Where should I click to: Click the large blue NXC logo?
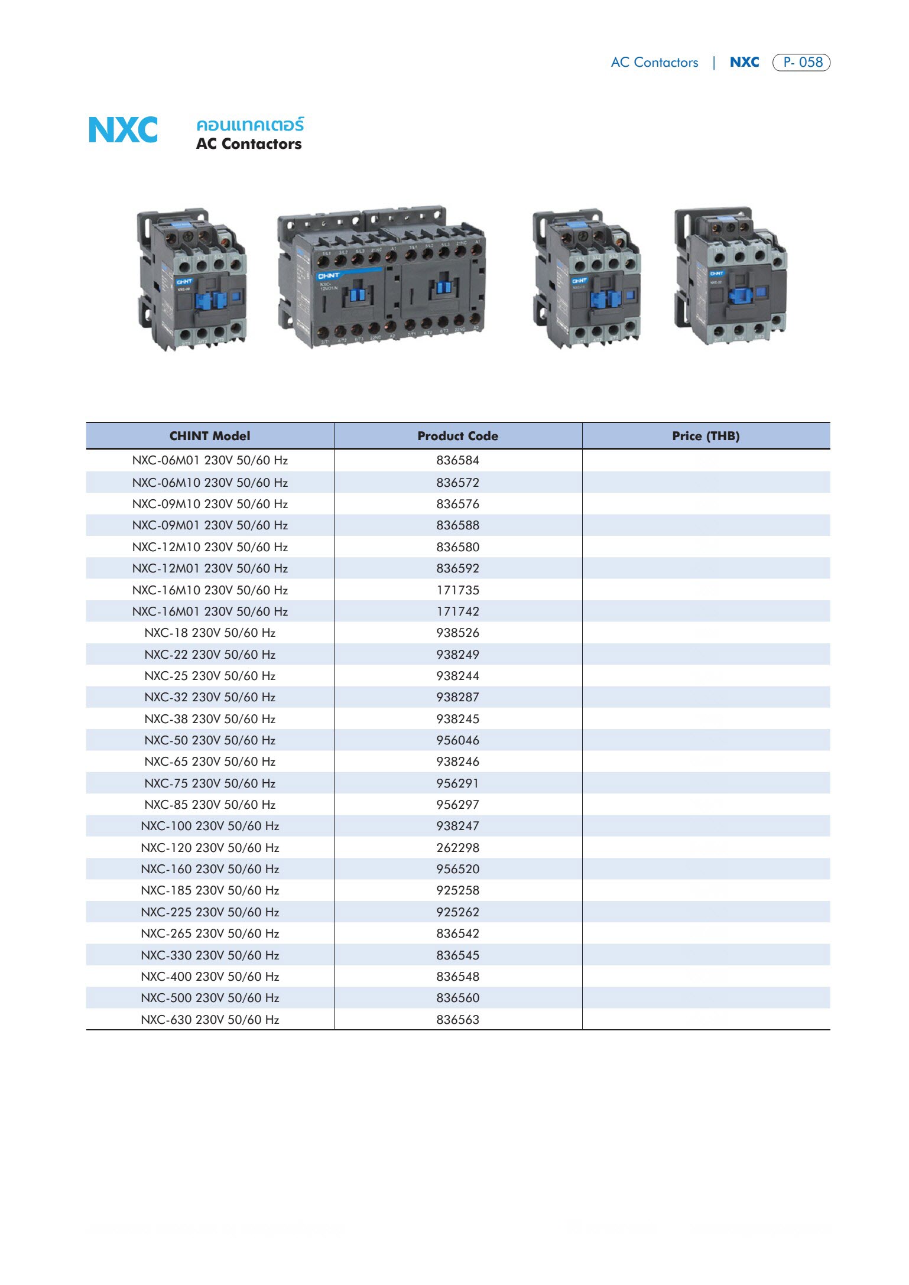(x=123, y=130)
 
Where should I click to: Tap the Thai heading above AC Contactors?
(x=249, y=125)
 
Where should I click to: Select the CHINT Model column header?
(x=210, y=436)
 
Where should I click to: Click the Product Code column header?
(x=457, y=436)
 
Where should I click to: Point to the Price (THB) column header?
(x=706, y=436)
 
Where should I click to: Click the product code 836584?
(x=457, y=460)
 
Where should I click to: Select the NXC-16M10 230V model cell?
(x=210, y=590)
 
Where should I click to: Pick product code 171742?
(x=457, y=611)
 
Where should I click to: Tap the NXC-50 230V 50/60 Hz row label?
(x=210, y=740)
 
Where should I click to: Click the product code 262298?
(x=457, y=848)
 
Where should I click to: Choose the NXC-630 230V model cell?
(x=210, y=1020)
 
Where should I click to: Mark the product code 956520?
(x=457, y=869)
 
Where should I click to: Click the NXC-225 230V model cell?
(x=210, y=912)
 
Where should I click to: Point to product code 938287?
(x=457, y=697)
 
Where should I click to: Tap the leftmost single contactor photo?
(x=192, y=279)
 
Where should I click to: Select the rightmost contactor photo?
(x=731, y=276)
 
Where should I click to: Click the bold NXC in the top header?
(x=744, y=62)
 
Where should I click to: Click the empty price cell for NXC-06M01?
(x=706, y=460)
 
